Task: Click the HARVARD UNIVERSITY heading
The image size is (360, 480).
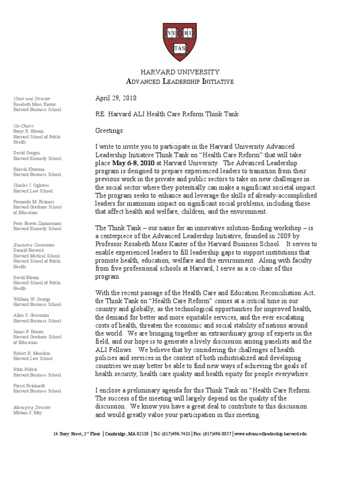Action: pyautogui.click(x=180, y=72)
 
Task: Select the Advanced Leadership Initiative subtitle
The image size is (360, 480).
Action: pyautogui.click(x=180, y=82)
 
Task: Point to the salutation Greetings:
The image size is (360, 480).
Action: pyautogui.click(x=110, y=130)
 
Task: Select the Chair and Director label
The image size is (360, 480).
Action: pyautogui.click(x=31, y=98)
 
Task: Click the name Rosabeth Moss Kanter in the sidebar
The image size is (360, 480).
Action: pyautogui.click(x=35, y=104)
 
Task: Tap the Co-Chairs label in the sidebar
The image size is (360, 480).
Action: pyautogui.click(x=23, y=126)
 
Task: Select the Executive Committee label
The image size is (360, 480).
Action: pyautogui.click(x=34, y=245)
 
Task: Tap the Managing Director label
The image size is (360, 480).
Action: pyautogui.click(x=32, y=407)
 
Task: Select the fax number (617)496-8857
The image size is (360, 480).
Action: pyautogui.click(x=217, y=434)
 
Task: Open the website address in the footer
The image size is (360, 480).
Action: pyautogui.click(x=270, y=434)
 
